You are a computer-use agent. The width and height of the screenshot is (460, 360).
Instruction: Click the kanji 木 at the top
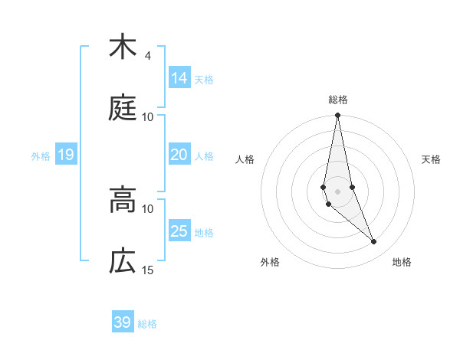pyautogui.click(x=122, y=47)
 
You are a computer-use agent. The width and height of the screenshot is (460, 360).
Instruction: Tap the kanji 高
pyautogui.click(x=122, y=201)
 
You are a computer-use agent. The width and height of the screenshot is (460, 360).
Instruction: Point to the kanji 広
pyautogui.click(x=122, y=262)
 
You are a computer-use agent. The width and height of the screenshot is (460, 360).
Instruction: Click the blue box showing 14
pyautogui.click(x=179, y=78)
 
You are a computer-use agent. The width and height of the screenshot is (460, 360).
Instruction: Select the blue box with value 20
pyautogui.click(x=179, y=155)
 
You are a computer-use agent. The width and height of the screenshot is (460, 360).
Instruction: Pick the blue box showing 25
pyautogui.click(x=179, y=231)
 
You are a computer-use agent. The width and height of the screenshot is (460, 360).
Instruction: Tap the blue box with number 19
pyautogui.click(x=65, y=155)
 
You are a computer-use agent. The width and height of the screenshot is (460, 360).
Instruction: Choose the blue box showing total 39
pyautogui.click(x=122, y=322)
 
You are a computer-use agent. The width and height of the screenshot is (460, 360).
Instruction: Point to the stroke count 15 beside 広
pyautogui.click(x=148, y=270)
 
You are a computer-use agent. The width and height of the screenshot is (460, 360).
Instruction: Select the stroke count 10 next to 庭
pyautogui.click(x=148, y=116)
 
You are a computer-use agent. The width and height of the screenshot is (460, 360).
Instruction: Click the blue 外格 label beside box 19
pyautogui.click(x=41, y=156)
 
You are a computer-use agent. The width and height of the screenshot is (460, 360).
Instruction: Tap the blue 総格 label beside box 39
pyautogui.click(x=147, y=324)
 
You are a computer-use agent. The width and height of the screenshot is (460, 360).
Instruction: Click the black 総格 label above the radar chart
pyautogui.click(x=337, y=100)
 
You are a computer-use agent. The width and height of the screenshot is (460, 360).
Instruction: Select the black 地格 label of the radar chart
pyautogui.click(x=402, y=262)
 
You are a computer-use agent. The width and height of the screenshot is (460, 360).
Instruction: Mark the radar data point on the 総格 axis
pyautogui.click(x=337, y=116)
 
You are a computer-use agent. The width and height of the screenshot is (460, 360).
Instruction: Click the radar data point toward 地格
pyautogui.click(x=374, y=242)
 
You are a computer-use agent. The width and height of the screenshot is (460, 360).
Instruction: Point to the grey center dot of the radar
pyautogui.click(x=337, y=191)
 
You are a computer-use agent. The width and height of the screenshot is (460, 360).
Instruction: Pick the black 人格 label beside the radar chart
pyautogui.click(x=245, y=159)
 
